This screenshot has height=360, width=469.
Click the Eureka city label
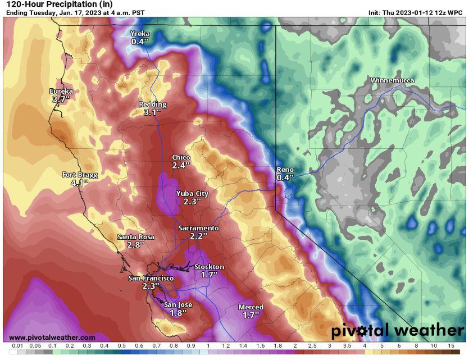pos(61,91)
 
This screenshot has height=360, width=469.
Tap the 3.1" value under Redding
pos(152,112)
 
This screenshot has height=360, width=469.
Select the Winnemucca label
pos(392,81)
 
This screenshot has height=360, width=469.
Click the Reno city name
pos(285,170)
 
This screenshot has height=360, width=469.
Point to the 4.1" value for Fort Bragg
pos(80,183)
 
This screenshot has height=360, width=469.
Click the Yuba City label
pos(192,194)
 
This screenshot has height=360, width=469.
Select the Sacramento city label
pos(198,228)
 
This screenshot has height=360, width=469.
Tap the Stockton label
pos(209,267)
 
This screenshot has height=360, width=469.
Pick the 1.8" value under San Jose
pos(178,313)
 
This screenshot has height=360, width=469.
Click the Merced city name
pos(251,307)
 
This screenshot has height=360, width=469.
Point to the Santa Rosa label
pos(135,237)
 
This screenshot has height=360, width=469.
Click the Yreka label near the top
pos(140,34)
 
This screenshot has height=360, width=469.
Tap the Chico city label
pos(181,158)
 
